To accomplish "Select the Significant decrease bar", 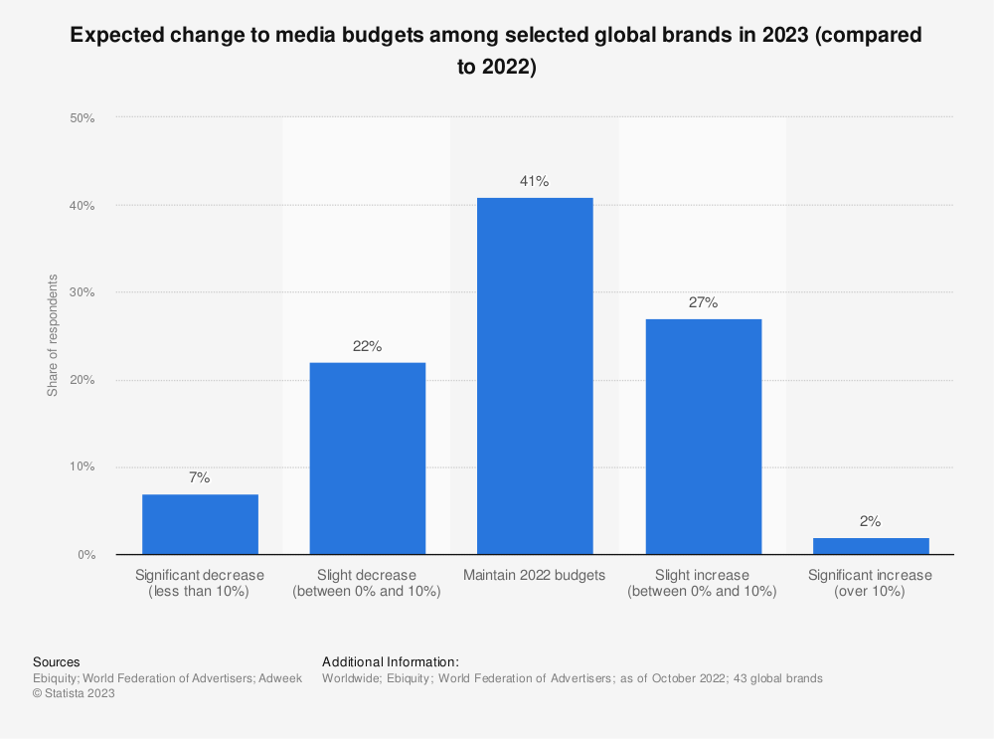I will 200,524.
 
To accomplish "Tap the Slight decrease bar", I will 368,459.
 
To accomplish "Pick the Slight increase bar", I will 703,437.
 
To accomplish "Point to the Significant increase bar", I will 871,546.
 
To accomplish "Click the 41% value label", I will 535,182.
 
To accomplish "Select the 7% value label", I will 200,478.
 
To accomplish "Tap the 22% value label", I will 368,346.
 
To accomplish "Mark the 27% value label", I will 703,302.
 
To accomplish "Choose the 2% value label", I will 871,521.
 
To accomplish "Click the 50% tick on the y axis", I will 82,118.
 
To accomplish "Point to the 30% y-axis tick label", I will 82,292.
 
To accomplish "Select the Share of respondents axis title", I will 53,335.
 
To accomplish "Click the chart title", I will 496,51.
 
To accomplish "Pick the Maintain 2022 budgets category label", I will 535,575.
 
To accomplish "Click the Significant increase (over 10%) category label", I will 871,583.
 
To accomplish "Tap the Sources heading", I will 56,661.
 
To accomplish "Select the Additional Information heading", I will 390,661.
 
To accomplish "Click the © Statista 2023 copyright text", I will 74,694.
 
